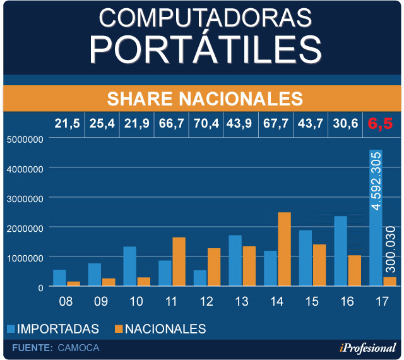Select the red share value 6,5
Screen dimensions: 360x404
coord(380,124)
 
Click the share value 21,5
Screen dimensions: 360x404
coord(67,124)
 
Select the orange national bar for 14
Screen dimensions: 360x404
coord(284,249)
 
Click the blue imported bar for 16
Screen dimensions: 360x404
coord(340,251)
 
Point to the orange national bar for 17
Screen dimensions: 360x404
coord(389,282)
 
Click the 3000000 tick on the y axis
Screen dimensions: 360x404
coord(25,198)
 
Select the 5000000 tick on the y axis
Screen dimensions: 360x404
coord(25,139)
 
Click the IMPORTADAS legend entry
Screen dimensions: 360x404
coord(53,328)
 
